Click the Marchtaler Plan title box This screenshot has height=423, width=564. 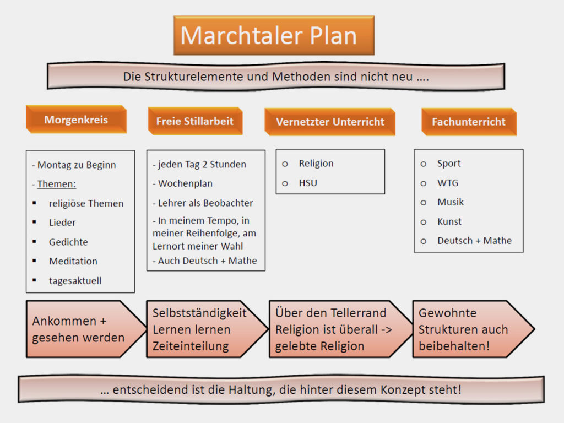pos(274,35)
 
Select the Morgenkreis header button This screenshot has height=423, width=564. pos(76,120)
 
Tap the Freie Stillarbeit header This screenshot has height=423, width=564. pos(195,121)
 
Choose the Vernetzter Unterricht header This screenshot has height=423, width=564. pos(330,122)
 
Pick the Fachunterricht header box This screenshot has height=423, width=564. pos(469,122)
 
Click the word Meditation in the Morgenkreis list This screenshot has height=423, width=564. pos(73,261)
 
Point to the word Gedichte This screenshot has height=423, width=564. pos(68,242)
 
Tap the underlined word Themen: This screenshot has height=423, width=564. pos(57,184)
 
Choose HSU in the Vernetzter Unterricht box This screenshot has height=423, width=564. pos(308,183)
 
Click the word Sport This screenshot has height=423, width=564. pos(448,164)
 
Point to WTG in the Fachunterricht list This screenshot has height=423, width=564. pos(448,183)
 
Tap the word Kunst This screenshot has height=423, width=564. pos(449,221)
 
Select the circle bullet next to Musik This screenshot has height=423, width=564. pos(424,203)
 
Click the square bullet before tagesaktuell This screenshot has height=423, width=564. pos(34,280)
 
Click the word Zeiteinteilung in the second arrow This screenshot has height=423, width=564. pos(191,346)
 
